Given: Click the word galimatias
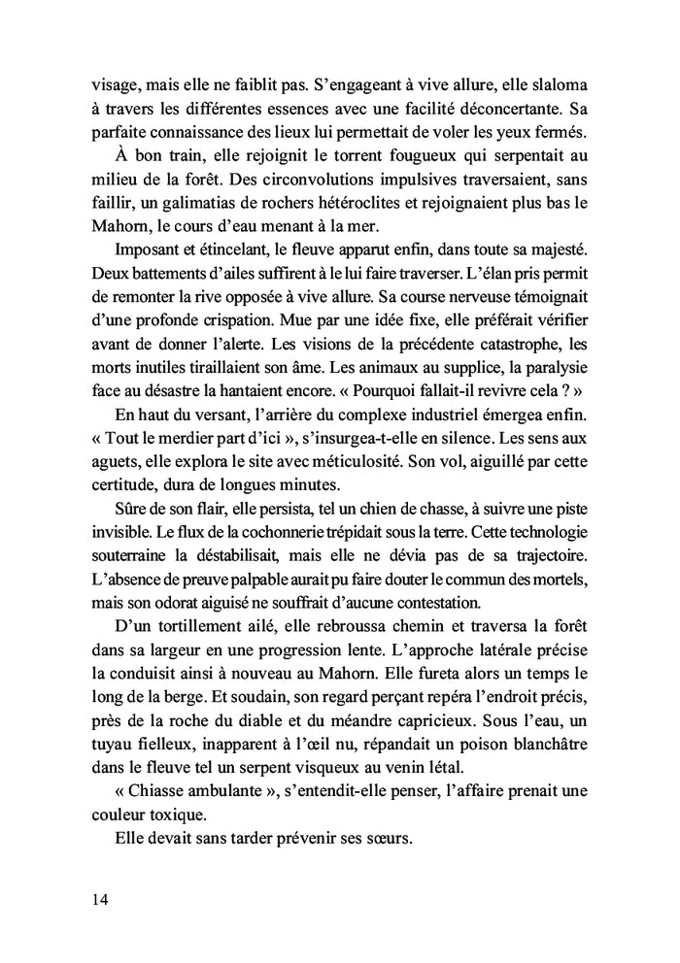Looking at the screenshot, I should pyautogui.click(x=196, y=203).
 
